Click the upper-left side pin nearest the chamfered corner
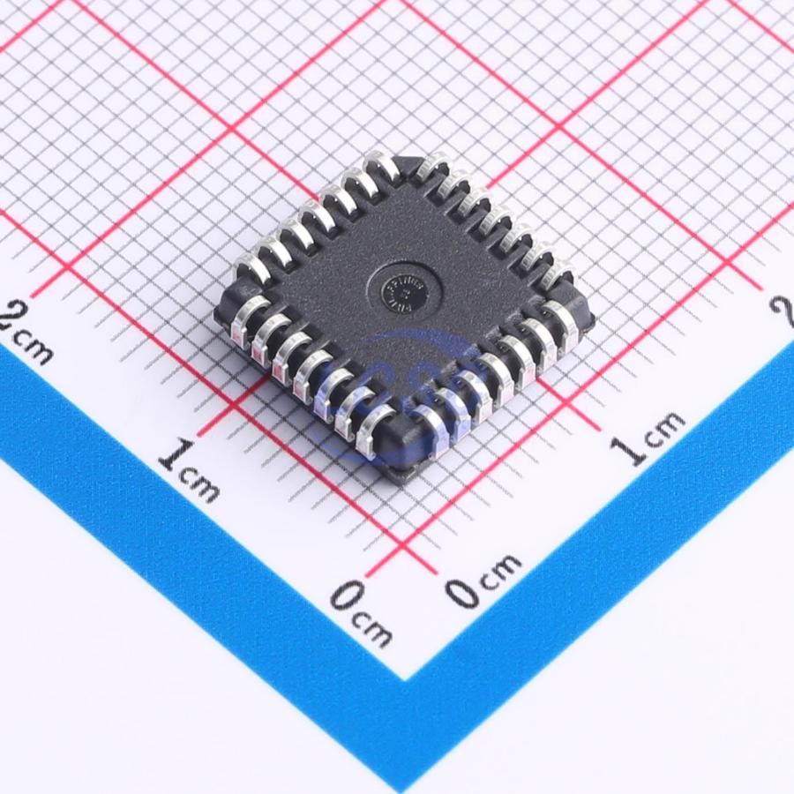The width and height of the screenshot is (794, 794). click(x=380, y=169)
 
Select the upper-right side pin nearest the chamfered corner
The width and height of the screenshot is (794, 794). click(x=436, y=170)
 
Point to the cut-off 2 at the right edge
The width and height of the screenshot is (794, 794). click(x=782, y=311)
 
